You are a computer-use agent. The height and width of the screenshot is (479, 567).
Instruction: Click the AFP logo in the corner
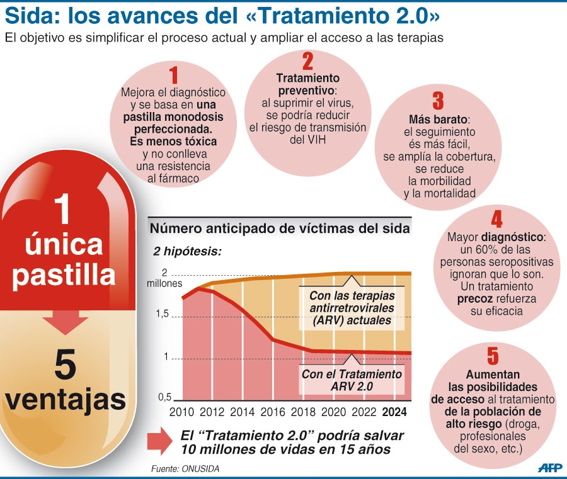click(x=550, y=467)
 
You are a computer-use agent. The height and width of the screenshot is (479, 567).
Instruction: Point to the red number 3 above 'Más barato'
click(x=438, y=101)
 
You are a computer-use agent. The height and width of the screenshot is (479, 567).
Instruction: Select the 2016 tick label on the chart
click(x=273, y=412)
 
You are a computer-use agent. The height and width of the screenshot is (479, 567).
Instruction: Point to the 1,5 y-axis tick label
click(x=163, y=314)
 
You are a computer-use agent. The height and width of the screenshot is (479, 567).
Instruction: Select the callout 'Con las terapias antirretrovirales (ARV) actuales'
click(x=352, y=308)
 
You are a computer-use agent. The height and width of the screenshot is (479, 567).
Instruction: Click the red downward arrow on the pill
click(x=66, y=323)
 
